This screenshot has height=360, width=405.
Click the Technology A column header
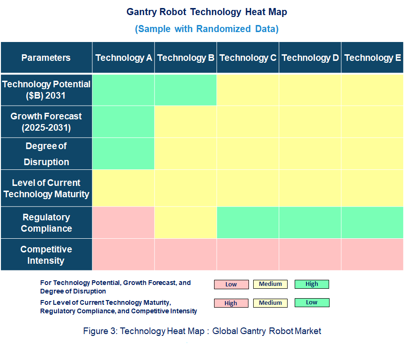124,58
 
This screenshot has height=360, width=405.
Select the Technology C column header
248,58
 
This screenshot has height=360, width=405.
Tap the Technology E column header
372,58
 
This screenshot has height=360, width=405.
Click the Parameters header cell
46,58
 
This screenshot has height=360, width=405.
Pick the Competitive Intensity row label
46,255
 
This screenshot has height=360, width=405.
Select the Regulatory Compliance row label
46,223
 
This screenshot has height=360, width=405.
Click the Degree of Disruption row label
46,154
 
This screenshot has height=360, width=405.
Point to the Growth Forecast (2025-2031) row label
46,122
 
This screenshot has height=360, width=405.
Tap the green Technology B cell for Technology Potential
186,89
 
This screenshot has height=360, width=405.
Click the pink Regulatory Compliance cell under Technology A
124,223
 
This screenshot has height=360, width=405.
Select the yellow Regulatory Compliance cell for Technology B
186,223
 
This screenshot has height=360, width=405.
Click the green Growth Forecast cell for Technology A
124,122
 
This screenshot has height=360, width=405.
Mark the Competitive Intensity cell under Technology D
310,255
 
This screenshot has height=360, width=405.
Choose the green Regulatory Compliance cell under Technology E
372,223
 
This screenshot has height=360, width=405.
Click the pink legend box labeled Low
231,285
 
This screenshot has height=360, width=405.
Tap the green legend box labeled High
312,284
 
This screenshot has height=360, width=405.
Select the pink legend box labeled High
231,303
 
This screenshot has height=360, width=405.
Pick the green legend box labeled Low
312,302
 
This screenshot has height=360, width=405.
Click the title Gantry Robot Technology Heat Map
207,12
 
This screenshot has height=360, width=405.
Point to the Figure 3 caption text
202,331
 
